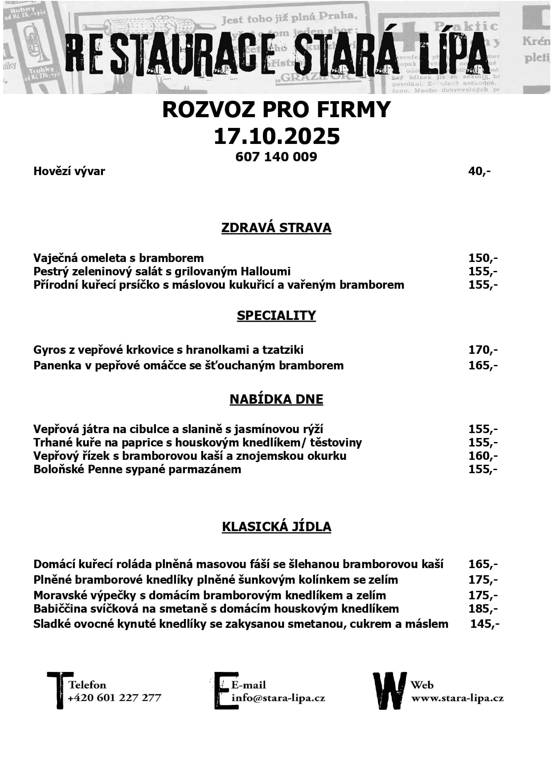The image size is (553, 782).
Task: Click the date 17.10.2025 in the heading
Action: [276, 136]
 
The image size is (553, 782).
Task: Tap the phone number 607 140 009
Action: [276, 157]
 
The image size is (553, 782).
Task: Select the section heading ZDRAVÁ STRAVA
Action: [276, 228]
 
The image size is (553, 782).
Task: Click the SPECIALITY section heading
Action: [276, 315]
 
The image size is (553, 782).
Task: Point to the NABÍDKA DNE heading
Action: [276, 399]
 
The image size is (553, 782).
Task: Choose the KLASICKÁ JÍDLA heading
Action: [276, 527]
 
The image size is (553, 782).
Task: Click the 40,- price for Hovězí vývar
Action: [479, 171]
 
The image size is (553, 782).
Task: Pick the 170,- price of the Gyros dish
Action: [483, 350]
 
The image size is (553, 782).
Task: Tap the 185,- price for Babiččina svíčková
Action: [483, 609]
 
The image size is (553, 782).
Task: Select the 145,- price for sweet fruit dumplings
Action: [484, 624]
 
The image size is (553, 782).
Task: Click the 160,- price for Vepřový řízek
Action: [483, 456]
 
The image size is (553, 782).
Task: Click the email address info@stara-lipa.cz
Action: [278, 698]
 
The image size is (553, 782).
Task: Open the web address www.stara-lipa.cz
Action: [457, 698]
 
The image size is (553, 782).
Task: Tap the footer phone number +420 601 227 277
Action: [114, 698]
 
